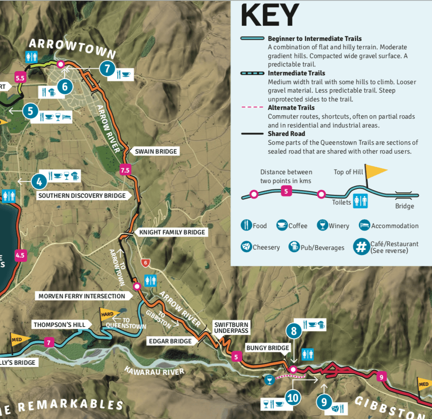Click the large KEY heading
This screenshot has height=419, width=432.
pyautogui.click(x=269, y=16)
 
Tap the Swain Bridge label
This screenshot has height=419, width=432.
pyautogui.click(x=155, y=151)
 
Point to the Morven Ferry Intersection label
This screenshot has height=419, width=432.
pyautogui.click(x=82, y=296)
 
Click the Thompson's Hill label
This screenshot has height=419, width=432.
pyautogui.click(x=59, y=325)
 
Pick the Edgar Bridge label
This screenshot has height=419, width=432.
pyautogui.click(x=170, y=341)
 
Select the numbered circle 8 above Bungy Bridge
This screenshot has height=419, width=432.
pyautogui.click(x=294, y=331)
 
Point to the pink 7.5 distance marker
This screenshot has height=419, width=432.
pyautogui.click(x=125, y=170)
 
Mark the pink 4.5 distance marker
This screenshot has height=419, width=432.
pyautogui.click(x=20, y=255)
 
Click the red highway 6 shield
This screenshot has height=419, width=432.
pyautogui.click(x=145, y=263)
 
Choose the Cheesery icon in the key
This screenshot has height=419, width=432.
pyautogui.click(x=246, y=247)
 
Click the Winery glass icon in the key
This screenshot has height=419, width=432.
pyautogui.click(x=323, y=225)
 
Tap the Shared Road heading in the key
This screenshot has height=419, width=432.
pyautogui.click(x=286, y=134)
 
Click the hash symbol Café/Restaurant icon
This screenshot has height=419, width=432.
pyautogui.click(x=361, y=247)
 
